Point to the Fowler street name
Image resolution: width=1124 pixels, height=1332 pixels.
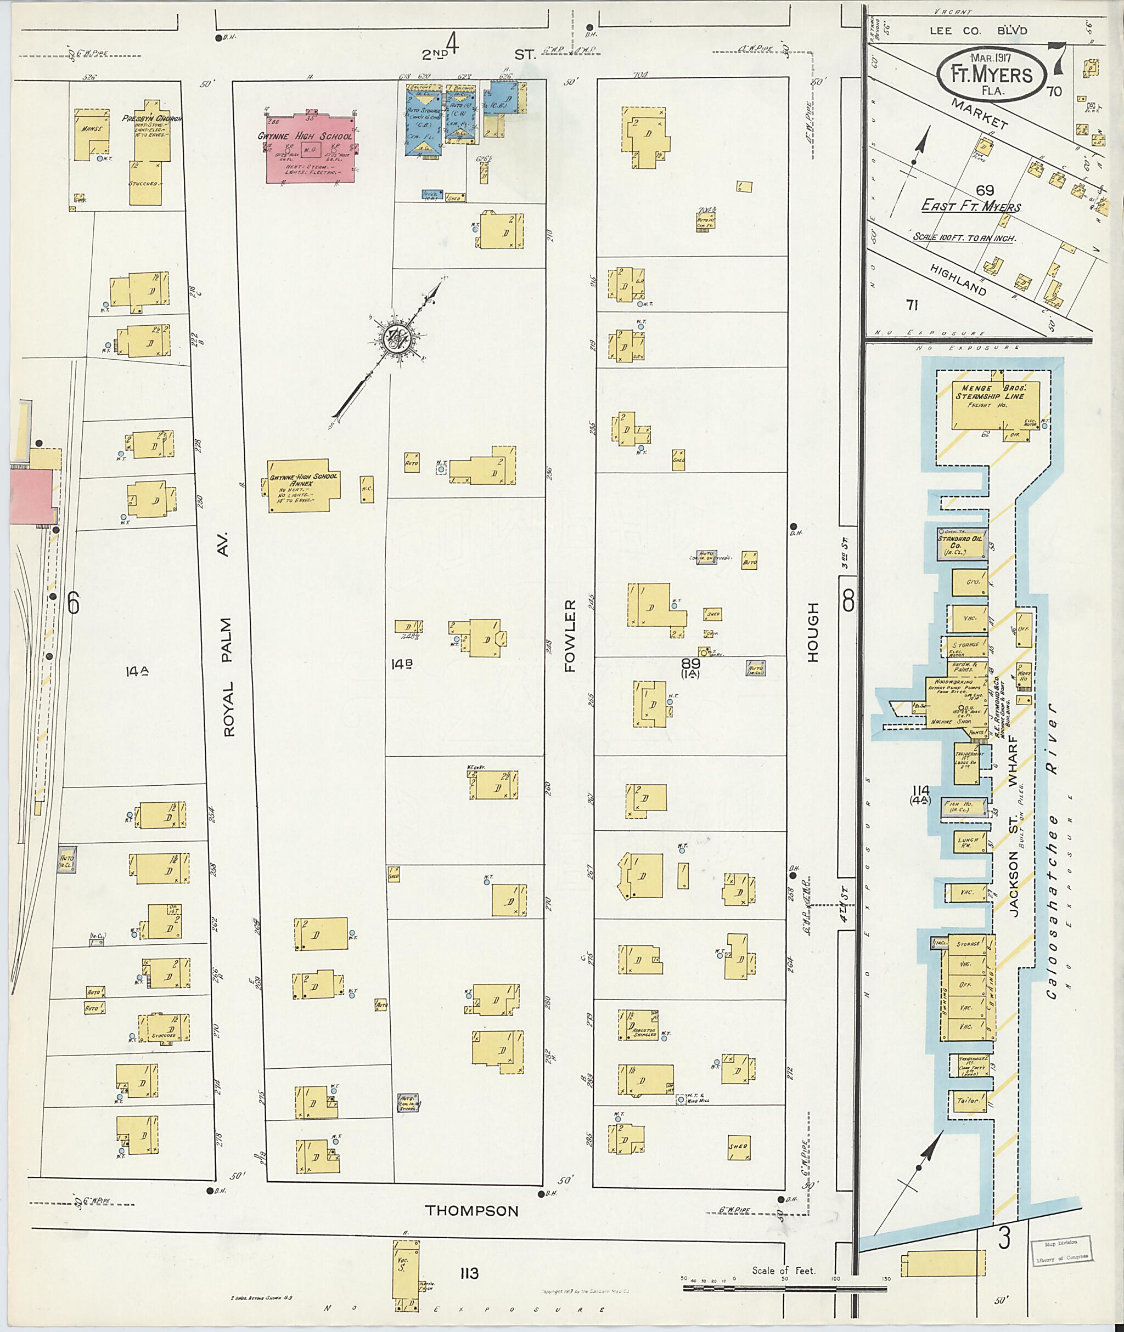pos(569,635)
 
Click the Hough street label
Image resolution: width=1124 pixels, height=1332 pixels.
pos(812,633)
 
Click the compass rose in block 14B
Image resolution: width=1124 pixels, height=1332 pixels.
pos(397,341)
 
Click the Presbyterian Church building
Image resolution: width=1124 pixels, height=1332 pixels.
pos(151,153)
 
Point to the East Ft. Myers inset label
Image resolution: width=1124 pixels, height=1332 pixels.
pos(971,207)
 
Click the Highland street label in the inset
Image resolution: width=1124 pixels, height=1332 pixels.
pos(957,280)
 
